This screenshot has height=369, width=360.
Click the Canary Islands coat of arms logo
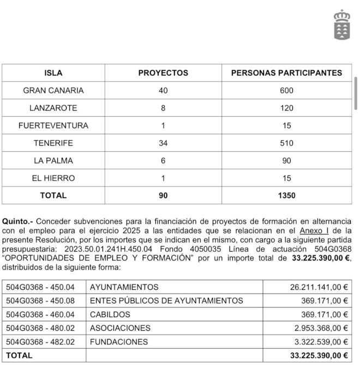tap(342, 25)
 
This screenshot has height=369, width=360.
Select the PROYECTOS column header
tap(163, 73)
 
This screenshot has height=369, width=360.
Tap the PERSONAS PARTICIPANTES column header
tap(286, 73)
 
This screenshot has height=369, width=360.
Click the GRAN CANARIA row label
tap(53, 91)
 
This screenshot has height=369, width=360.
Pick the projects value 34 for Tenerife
tap(163, 143)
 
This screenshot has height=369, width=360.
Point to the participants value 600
tap(286, 91)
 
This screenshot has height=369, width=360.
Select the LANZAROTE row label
tap(53, 108)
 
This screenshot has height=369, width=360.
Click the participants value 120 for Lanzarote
tap(286, 108)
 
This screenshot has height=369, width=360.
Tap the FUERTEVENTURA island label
tap(53, 126)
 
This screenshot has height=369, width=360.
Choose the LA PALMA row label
tap(53, 160)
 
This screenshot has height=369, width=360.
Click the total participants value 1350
tap(286, 195)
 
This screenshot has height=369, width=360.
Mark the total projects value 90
tap(163, 195)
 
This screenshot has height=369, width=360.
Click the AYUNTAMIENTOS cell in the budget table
tap(124, 287)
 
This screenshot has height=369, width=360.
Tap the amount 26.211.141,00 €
tap(319, 287)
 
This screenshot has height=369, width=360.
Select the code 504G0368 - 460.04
tap(40, 314)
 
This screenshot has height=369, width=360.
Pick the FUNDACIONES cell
tap(119, 342)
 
